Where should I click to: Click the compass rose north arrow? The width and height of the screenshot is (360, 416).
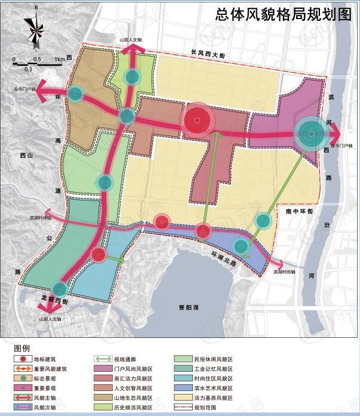tap(36, 27)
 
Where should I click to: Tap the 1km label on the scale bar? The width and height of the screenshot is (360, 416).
tap(59, 60)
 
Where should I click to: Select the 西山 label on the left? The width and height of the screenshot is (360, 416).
tap(26, 156)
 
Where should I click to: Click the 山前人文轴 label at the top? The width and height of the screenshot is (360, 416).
tap(131, 40)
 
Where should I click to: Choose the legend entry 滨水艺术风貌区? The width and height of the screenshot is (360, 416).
tap(215, 389)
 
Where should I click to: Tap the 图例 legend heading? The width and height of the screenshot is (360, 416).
tap(21, 348)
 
